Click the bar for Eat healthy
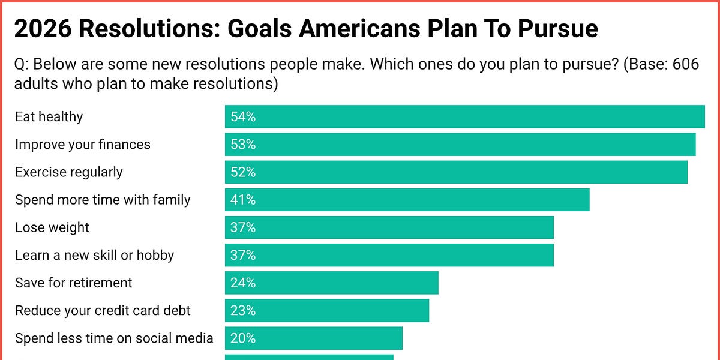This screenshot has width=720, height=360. pos(465,116)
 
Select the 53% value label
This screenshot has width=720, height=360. pos(243,145)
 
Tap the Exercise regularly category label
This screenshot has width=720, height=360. pos(68,172)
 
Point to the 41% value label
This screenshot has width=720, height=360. pos(243,200)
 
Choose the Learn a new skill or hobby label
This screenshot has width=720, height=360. pos(94,255)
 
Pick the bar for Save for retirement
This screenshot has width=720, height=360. pos(332,283)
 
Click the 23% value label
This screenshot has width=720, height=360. pos(243,310)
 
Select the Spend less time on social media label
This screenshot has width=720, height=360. pos(114,338)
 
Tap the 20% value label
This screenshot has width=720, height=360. pos(243,338)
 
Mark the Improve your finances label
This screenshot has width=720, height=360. pos(82,145)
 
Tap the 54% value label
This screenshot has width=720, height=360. pos(243,117)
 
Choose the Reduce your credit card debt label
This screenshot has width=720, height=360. pos(103,310)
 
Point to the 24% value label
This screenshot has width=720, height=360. pos(243,283)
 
